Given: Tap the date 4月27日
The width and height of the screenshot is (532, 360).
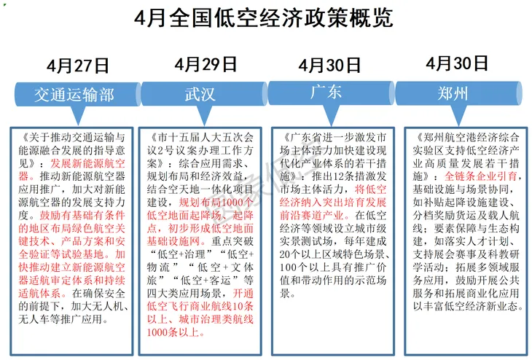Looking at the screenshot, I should (x=78, y=66).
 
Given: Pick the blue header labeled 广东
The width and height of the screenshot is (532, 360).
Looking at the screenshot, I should (x=326, y=93).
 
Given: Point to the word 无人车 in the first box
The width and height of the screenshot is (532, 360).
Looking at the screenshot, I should (x=39, y=319).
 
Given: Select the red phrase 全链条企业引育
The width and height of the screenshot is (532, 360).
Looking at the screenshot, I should (x=481, y=176).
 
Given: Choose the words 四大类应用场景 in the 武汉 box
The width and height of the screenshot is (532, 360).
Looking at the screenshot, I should (x=181, y=294).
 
